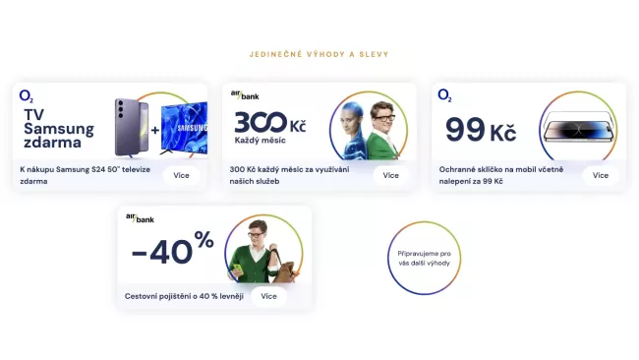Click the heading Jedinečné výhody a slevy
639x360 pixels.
click(x=319, y=55)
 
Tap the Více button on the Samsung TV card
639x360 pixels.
click(x=181, y=175)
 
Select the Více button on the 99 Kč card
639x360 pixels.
click(x=601, y=175)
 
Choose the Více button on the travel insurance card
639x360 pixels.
click(x=269, y=296)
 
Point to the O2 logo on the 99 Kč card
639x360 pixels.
click(x=444, y=96)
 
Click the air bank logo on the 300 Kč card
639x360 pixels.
click(x=243, y=95)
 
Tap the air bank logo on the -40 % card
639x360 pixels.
click(x=139, y=217)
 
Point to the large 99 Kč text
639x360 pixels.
click(x=481, y=130)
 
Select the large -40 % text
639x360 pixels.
click(x=172, y=249)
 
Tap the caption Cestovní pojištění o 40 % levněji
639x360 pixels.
click(x=184, y=296)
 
